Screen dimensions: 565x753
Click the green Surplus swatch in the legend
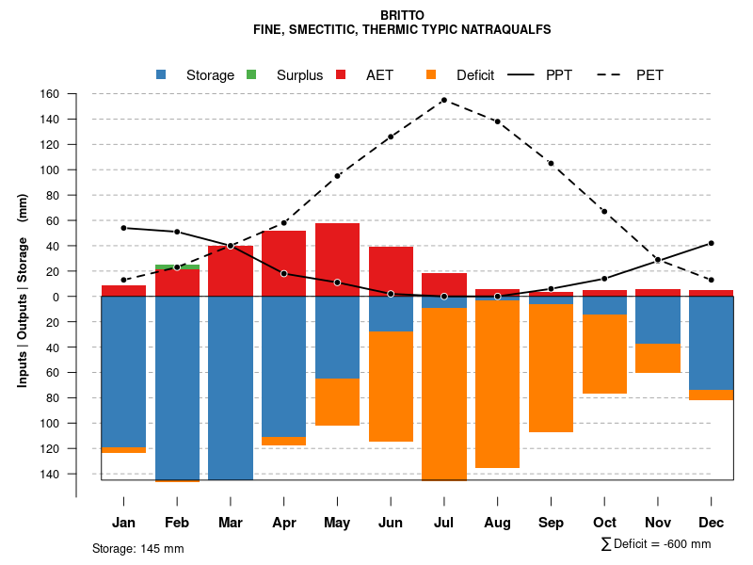click(250, 74)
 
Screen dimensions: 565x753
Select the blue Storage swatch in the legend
click(161, 74)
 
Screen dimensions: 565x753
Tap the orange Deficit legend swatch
click(430, 74)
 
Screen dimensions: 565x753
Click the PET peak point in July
click(443, 100)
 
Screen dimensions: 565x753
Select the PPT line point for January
click(123, 228)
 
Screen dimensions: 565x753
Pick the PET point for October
click(604, 211)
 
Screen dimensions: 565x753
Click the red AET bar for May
click(337, 259)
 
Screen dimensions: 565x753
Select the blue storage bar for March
click(231, 388)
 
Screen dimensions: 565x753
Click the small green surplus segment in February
click(177, 266)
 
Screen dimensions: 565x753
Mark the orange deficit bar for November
click(658, 358)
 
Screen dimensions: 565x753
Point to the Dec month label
click(711, 522)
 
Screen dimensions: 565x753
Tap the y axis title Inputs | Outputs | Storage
click(23, 290)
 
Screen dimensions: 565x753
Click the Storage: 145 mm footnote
click(137, 548)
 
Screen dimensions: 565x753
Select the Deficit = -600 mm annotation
click(656, 544)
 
